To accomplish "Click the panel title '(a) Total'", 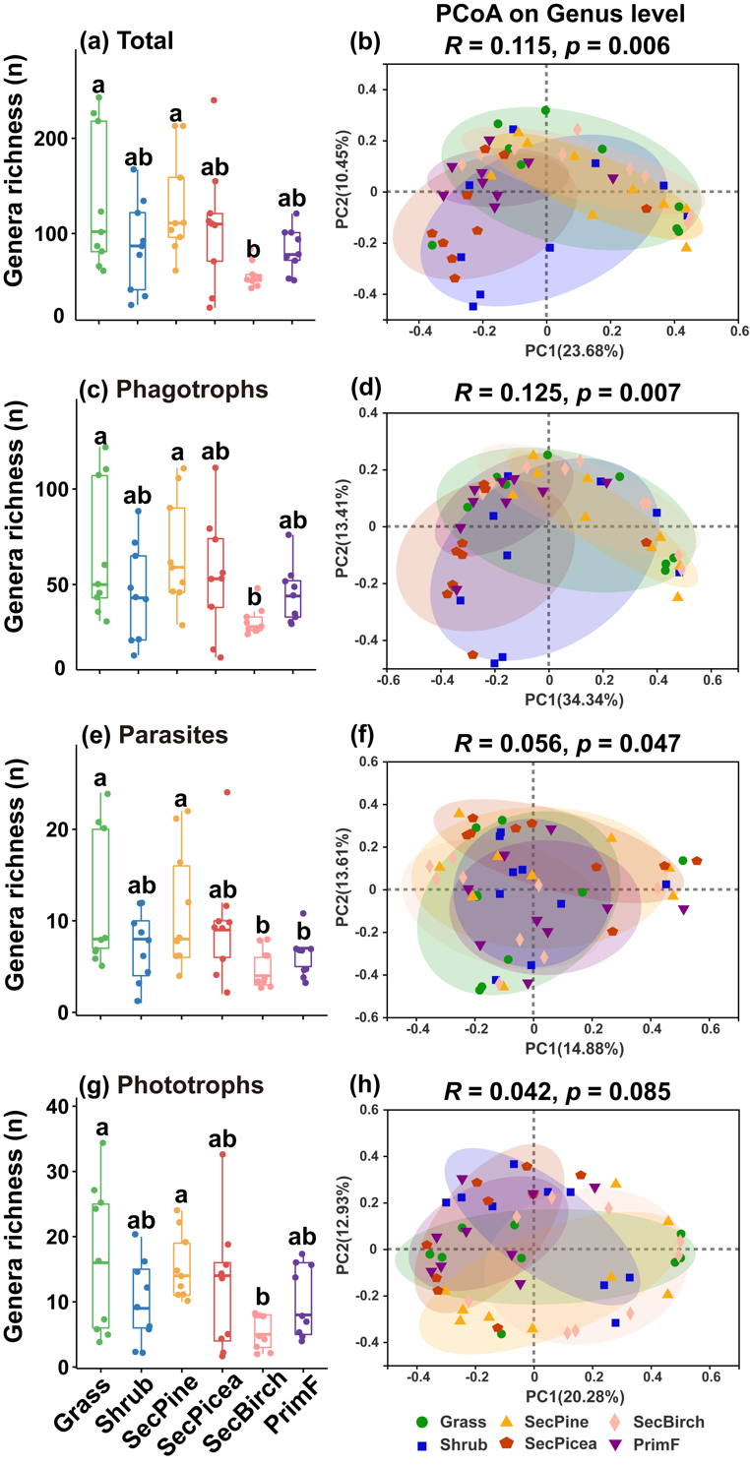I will coord(126,41).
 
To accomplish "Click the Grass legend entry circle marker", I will coord(421,1421).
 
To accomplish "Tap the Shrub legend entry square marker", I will coord(421,1442).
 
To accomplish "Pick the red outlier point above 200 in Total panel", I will coord(214,100).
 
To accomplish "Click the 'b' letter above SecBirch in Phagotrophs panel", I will coord(254,596).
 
